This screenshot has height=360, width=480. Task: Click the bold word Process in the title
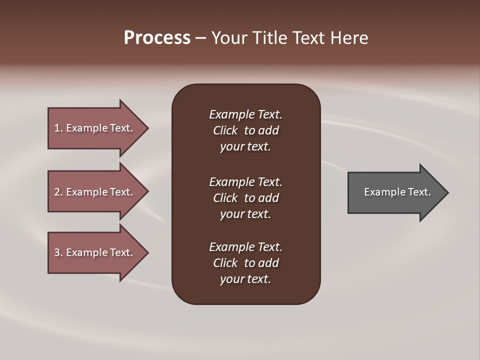[157, 38]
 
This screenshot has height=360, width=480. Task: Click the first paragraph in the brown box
[245, 130]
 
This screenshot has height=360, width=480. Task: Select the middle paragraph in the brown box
[245, 198]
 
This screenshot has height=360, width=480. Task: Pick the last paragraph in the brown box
[245, 263]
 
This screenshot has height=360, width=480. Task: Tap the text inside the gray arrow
[397, 192]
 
